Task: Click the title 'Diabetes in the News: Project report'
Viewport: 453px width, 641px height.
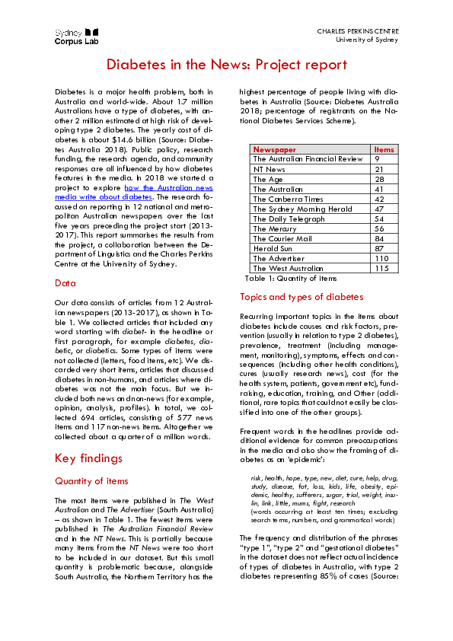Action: [x=226, y=65]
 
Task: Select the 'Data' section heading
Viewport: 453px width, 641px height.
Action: [x=65, y=282]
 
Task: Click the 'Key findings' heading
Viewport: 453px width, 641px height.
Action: [x=88, y=458]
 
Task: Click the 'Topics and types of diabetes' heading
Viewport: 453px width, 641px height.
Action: [x=301, y=297]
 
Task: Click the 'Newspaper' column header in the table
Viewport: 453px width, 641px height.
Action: [x=275, y=149]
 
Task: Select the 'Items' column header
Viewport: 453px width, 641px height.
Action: [x=384, y=149]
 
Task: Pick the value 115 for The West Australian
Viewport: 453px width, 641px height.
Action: [x=382, y=268]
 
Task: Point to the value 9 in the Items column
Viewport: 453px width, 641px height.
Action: [x=378, y=159]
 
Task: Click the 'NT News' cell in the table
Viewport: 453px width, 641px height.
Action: [x=270, y=169]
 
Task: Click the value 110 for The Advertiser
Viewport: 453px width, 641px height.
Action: [x=382, y=258]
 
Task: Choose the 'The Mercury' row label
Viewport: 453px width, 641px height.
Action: [x=275, y=228]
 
